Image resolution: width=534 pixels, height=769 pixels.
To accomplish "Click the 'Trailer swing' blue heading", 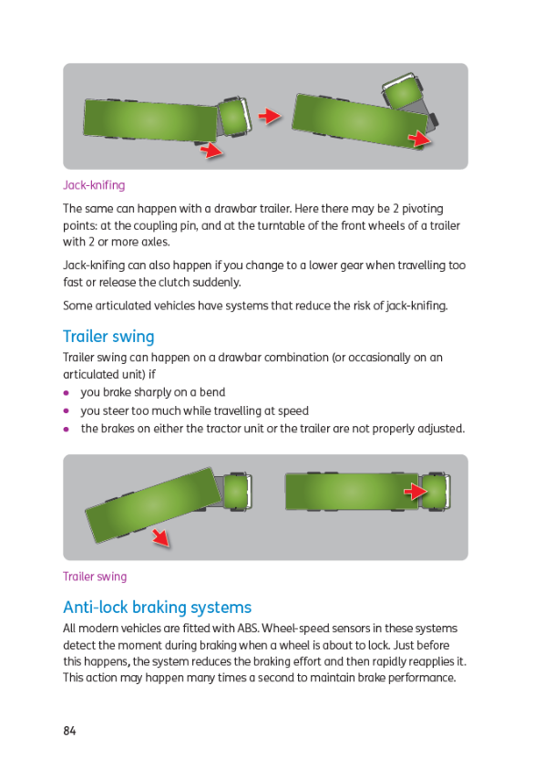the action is point(108,337).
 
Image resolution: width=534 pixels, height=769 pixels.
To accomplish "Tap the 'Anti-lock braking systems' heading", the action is point(158,608).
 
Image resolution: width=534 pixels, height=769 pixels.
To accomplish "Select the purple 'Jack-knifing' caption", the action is point(94,185).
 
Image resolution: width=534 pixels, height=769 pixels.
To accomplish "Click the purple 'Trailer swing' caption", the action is point(95,577).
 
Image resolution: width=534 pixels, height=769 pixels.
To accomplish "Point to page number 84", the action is point(69,731).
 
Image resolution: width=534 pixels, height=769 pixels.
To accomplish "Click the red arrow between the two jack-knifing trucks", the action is point(270,116).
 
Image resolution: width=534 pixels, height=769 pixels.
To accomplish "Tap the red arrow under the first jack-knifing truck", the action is point(211,150).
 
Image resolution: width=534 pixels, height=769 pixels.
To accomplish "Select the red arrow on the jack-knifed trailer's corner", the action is point(419,139).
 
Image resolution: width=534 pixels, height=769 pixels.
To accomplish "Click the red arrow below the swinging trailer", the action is point(160,537).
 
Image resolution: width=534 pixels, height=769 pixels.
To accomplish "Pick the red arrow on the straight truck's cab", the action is point(416,491).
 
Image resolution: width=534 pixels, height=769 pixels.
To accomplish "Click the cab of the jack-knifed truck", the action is point(402,93).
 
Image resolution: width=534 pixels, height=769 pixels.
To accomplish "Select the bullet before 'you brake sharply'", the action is point(67,393).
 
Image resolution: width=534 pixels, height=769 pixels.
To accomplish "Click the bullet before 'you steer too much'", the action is point(67,411).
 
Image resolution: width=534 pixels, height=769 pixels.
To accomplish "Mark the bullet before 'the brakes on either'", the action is point(67,429).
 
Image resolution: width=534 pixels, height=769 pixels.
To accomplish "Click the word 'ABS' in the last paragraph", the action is point(248,629).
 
